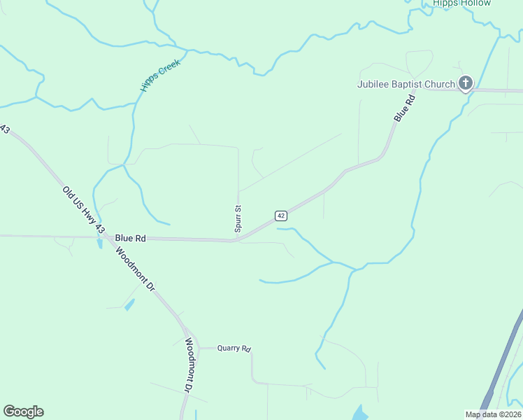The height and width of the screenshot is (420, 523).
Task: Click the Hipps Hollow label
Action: pyautogui.click(x=461, y=3)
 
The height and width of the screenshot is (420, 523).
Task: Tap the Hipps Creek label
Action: pyautogui.click(x=160, y=74)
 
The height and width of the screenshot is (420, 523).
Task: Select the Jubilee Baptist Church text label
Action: pyautogui.click(x=406, y=85)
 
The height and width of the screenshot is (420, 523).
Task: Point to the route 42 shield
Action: pyautogui.click(x=281, y=215)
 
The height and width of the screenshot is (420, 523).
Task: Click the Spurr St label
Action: pyautogui.click(x=238, y=219)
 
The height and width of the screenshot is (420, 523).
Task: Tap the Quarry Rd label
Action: pyautogui.click(x=234, y=348)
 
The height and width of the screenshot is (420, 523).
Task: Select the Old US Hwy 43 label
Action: pyautogui.click(x=83, y=209)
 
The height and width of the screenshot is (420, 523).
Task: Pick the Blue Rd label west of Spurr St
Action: pyautogui.click(x=131, y=238)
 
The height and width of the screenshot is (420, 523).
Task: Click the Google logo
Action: pyautogui.click(x=23, y=412)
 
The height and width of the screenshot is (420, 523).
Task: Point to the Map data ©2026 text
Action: pyautogui.click(x=493, y=414)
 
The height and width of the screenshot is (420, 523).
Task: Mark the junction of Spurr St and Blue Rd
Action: pyautogui.click(x=238, y=240)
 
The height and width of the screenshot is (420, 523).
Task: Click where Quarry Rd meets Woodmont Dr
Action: pyautogui.click(x=198, y=348)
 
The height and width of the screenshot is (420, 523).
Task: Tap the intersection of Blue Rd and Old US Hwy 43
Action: pyautogui.click(x=102, y=237)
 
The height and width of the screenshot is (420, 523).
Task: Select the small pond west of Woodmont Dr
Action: pyautogui.click(x=129, y=304)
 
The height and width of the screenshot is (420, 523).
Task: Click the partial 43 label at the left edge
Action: pyautogui.click(x=5, y=130)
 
